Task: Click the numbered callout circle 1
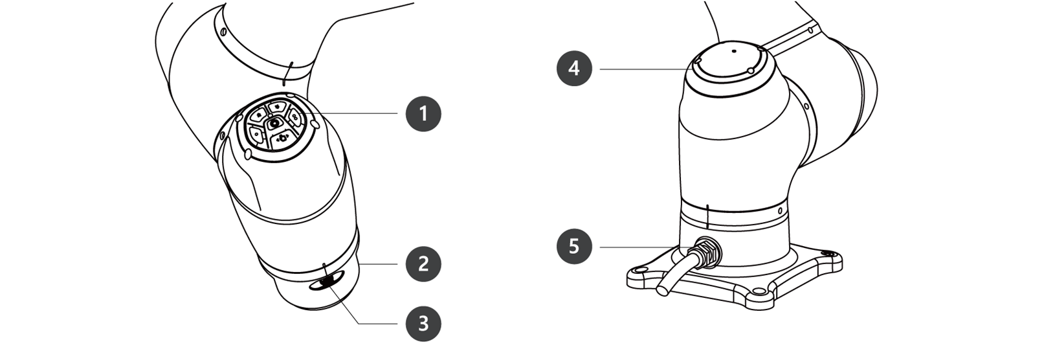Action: point(423,113)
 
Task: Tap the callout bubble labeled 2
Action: point(423,264)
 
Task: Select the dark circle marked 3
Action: point(423,324)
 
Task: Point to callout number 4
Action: point(575,69)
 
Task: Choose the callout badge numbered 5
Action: point(575,247)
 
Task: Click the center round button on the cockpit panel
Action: point(274,123)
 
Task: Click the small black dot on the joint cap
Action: point(734,51)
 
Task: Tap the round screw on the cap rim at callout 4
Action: point(750,70)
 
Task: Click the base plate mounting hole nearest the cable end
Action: point(641,270)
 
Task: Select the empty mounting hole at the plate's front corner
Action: point(759,291)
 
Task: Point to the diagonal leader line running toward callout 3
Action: point(344,305)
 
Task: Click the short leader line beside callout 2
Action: point(378,264)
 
